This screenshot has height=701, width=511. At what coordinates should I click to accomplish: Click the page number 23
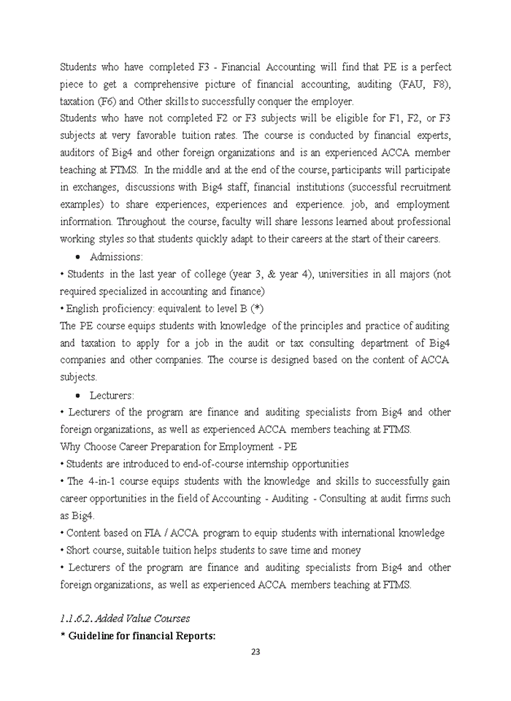[x=255, y=652]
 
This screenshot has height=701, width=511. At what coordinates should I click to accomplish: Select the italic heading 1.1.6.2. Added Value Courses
[x=125, y=618]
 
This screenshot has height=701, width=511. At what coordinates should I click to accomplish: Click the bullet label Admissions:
[x=116, y=256]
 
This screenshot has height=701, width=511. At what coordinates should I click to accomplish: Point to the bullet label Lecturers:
[x=112, y=395]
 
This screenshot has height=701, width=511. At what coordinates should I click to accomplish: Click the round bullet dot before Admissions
[x=78, y=257]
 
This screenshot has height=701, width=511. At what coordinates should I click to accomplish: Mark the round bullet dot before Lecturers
[x=78, y=395]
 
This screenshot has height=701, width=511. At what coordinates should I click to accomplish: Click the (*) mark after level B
[x=256, y=308]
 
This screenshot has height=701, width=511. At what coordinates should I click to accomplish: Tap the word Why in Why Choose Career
[x=70, y=446]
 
